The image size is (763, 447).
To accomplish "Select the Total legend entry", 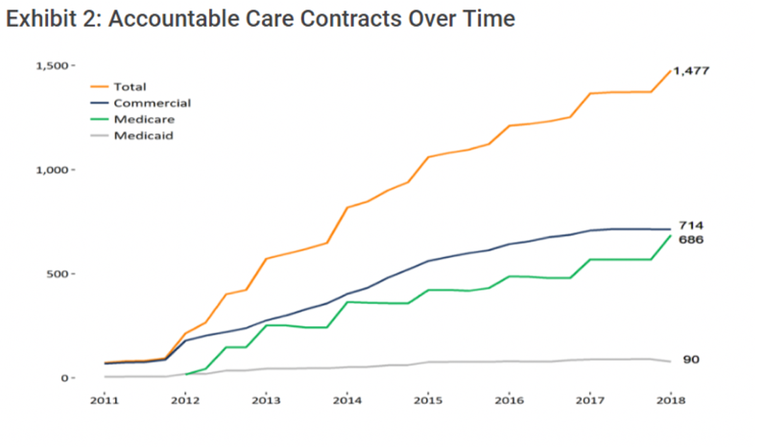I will pyautogui.click(x=130, y=86).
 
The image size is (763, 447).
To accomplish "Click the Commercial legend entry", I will pyautogui.click(x=152, y=103).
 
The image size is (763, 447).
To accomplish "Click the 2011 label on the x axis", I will pyautogui.click(x=105, y=400).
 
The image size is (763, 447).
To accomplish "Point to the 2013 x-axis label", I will pyautogui.click(x=266, y=400).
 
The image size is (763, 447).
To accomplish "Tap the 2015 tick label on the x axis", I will pyautogui.click(x=428, y=400).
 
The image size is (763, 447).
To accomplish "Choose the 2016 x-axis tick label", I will pyautogui.click(x=509, y=400).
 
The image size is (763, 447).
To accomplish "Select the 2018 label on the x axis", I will pyautogui.click(x=670, y=400).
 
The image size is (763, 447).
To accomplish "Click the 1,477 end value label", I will pyautogui.click(x=691, y=71).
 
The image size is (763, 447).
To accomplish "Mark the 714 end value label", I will pyautogui.click(x=691, y=225).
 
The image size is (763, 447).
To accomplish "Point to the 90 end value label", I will pyautogui.click(x=691, y=360).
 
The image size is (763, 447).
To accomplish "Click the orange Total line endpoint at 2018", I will pyautogui.click(x=670, y=71).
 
